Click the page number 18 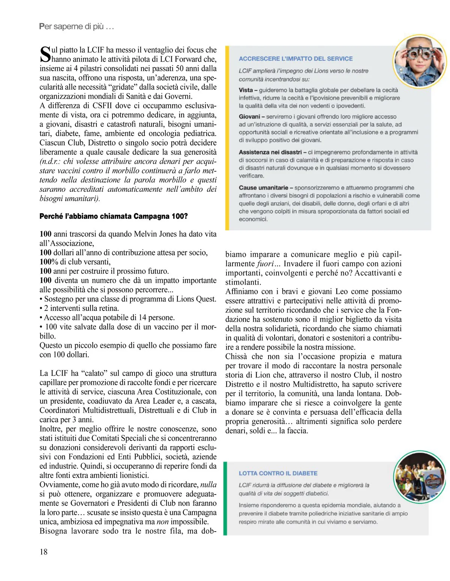(43, 552)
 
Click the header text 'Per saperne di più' (76, 27)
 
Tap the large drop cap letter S (45, 54)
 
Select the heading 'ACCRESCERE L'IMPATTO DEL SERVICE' (295, 59)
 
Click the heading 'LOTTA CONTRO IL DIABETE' (278, 473)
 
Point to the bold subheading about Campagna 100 (113, 216)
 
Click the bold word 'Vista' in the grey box (246, 90)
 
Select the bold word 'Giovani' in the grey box (249, 117)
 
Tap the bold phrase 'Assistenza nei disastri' (270, 152)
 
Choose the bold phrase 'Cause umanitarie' (263, 188)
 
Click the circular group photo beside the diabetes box (420, 477)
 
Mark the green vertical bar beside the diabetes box (225, 498)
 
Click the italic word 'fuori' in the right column (265, 264)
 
